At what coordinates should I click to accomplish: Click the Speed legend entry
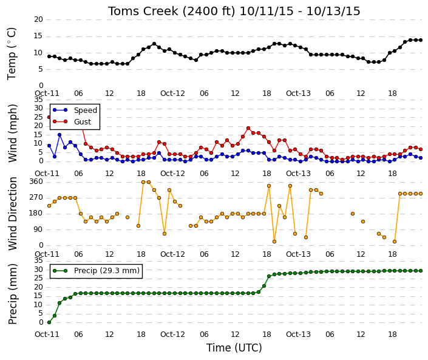coord(75,110)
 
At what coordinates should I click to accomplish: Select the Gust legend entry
coord(72,121)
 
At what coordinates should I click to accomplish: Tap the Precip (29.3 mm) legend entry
coord(96,271)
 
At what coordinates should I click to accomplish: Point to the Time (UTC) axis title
coord(234,348)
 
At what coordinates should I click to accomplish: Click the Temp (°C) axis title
coord(12,54)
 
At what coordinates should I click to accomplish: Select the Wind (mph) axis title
coord(13,134)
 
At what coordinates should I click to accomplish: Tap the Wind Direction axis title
coord(13,214)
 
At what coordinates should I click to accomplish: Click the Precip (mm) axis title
coord(13,294)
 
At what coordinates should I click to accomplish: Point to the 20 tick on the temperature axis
coord(39,19)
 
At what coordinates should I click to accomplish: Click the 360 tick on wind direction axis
coord(37,182)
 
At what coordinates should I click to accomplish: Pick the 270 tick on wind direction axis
coord(37,197)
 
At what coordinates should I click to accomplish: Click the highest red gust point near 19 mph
coord(248,128)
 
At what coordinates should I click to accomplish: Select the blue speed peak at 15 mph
coord(59,135)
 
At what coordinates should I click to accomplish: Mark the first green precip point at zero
coord(49,322)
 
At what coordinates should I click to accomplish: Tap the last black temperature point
coord(421,40)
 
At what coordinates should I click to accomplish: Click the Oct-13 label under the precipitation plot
coord(298,335)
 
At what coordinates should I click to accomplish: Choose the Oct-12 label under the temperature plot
coord(172,93)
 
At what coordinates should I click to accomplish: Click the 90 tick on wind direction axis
coord(39,229)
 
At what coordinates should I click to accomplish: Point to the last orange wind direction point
coord(421,194)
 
